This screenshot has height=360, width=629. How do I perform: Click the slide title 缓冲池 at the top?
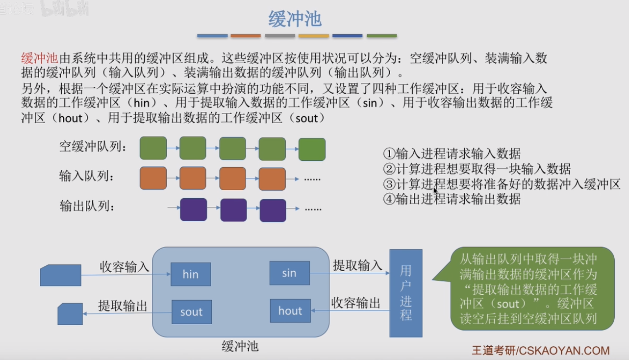point(295,19)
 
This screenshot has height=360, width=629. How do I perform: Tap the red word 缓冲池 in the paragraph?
point(40,58)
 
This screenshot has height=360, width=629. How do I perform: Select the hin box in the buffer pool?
point(191,274)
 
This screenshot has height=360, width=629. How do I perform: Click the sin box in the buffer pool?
point(290,273)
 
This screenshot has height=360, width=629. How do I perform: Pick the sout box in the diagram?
point(192,312)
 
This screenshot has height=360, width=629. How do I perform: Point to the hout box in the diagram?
point(290,310)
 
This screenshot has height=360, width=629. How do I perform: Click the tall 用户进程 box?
point(406,293)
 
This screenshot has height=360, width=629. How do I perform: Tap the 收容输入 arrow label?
point(124,266)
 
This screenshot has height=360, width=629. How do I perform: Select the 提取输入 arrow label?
point(357,265)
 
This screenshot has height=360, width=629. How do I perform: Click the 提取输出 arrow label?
point(123,306)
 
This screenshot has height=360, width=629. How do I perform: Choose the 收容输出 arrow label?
point(355,303)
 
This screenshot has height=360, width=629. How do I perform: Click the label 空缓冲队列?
point(93,147)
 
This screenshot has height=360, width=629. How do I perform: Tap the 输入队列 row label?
point(86,176)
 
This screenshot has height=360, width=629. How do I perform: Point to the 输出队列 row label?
point(87,206)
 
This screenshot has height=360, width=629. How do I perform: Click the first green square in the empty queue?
point(153,148)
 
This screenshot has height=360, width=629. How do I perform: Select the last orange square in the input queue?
point(272,179)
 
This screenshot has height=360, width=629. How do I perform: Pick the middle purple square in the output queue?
point(233,210)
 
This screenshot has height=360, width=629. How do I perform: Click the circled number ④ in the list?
point(389,199)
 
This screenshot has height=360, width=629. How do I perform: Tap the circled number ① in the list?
point(389,154)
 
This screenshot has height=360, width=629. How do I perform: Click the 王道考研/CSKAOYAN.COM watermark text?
point(541,351)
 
